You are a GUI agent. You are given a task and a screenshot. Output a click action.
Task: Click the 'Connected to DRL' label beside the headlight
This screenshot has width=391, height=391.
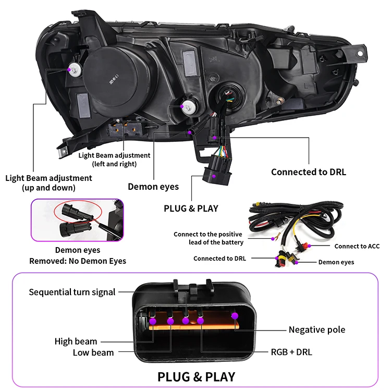pos(308,172)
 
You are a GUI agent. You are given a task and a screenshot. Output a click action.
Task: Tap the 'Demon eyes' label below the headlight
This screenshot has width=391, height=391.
pos(153,187)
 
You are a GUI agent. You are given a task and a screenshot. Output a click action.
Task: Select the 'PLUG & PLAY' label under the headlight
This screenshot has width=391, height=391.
pos(191,208)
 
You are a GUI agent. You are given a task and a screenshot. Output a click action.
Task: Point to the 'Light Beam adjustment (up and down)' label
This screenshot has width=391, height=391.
pos(48,182)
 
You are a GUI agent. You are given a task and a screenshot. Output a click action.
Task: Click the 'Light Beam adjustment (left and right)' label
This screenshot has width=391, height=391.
pos(114,160)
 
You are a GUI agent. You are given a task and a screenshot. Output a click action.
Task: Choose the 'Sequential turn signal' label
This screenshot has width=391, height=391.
pos(72,292)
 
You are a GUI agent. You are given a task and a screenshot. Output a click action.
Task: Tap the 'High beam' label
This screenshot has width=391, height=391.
pos(76,341)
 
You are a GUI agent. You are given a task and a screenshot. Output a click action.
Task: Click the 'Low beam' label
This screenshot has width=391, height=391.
pos(93,352)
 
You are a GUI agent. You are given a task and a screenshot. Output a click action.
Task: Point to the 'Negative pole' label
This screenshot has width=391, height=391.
pos(316,329)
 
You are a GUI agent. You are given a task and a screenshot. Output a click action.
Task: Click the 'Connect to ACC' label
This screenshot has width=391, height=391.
pos(357,246)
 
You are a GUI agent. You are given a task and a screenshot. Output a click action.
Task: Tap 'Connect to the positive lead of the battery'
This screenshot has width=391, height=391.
pos(209,238)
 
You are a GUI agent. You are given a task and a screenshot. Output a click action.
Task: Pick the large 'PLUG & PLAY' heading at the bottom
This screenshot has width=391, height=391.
pos(196,376)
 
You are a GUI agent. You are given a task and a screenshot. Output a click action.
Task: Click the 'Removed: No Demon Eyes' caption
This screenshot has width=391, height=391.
pos(77,261)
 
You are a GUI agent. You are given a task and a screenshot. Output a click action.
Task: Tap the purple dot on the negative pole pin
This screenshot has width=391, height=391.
pos(234,315)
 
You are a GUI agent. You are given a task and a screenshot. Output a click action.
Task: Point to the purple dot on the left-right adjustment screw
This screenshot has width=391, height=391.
pos(182,106)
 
